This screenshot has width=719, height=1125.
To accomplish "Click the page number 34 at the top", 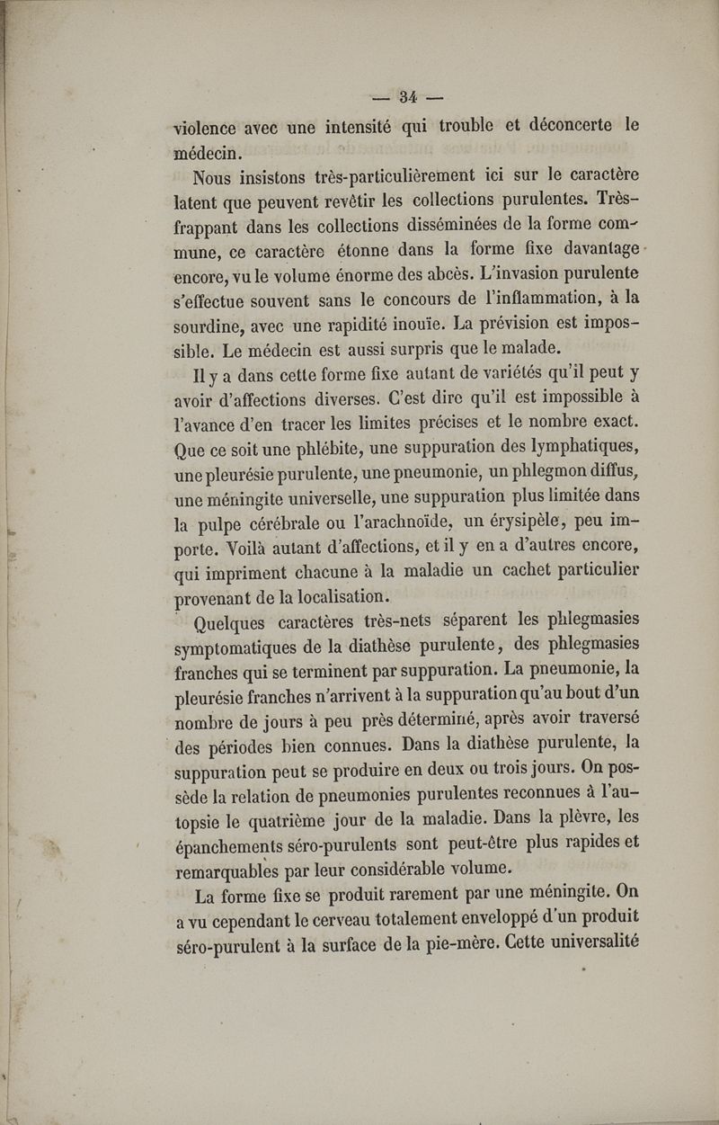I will tap(409, 95).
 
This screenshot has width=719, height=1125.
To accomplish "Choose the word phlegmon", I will tap(535, 467).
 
